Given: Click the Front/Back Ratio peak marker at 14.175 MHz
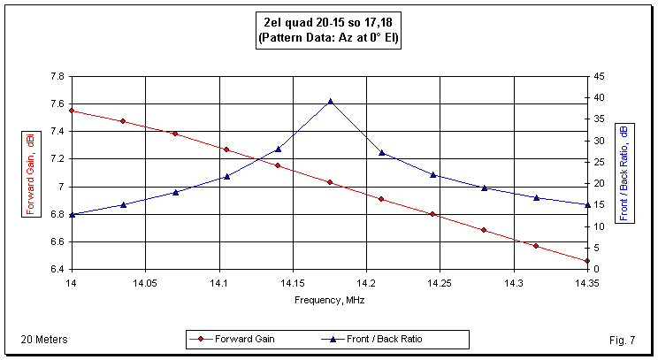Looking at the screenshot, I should coord(330,101).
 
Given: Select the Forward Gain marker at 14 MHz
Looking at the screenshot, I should coord(72,111).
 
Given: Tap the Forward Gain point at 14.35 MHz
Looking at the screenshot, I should coord(587,261).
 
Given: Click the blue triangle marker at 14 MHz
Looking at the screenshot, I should coord(72,214).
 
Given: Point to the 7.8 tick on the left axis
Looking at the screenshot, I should coord(56,76).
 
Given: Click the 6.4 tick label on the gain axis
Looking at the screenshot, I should coord(56,269).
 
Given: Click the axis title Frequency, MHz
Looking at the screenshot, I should coord(329,300).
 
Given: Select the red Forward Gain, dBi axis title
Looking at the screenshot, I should coord(30,172).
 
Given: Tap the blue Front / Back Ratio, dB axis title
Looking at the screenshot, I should coord(625,172).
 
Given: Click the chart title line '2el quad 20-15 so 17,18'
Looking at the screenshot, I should coord(328,24).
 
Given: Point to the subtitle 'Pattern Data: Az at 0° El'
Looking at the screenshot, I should coord(328,39).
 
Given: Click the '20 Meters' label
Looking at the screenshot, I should coord(44,339).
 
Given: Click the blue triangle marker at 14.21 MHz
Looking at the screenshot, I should coord(381,152).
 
